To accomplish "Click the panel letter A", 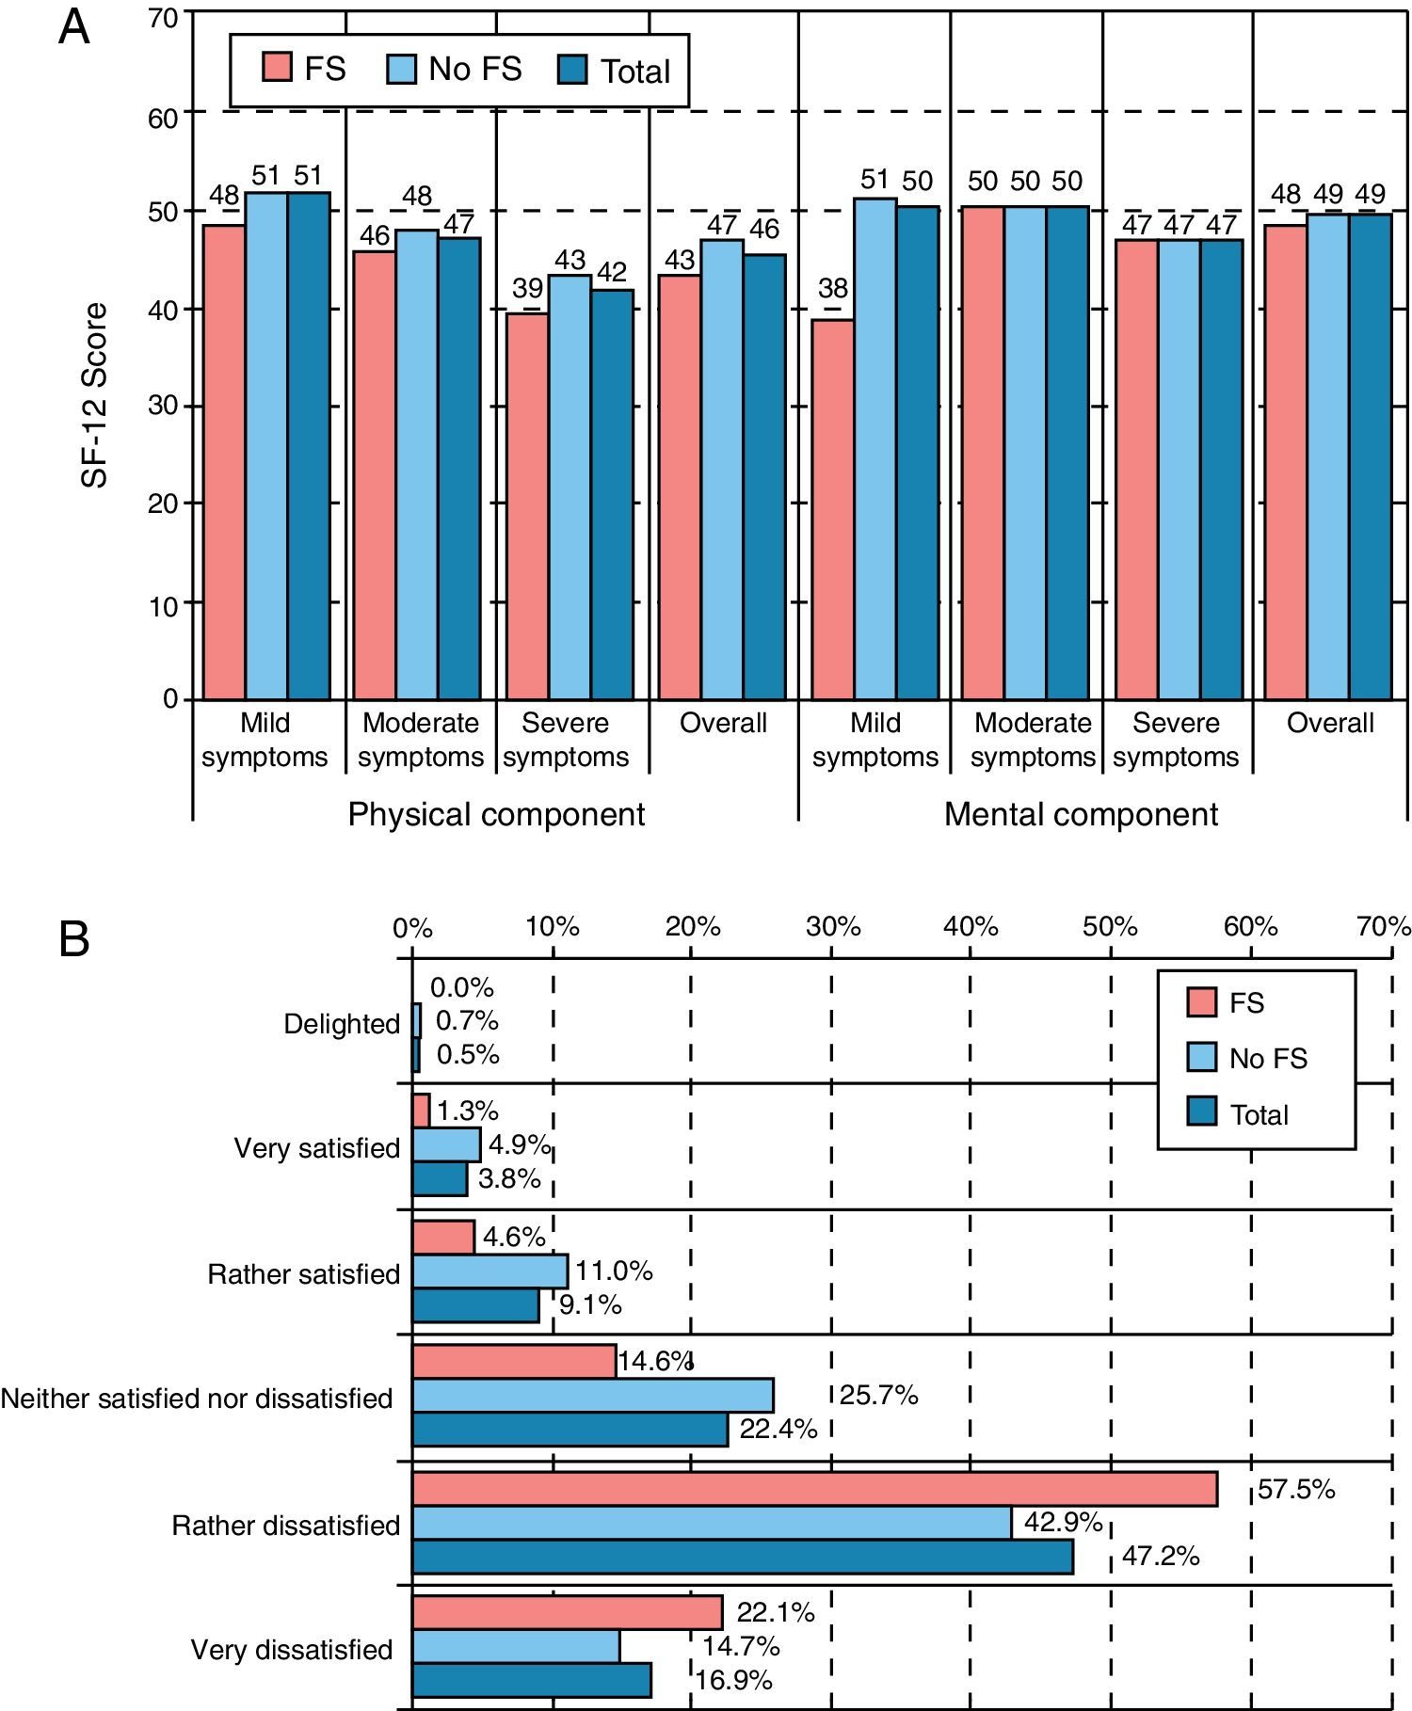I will pos(74,28).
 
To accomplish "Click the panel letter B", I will pos(74,939).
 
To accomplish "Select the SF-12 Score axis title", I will pos(94,394).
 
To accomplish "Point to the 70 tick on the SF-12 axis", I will pos(163,19).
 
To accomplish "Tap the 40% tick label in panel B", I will pos(971,927).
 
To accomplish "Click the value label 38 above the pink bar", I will pos(833,288).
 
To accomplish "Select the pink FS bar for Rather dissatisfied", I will pos(814,1490).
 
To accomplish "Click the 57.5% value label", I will pos(1296,1490).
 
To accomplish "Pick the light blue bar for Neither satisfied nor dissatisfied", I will pos(593,1395).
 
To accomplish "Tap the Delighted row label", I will pos(342,1024).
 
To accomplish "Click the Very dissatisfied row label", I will pos(292,1650).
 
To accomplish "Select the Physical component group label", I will pos(496,814).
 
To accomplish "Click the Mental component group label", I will pos(1081,814).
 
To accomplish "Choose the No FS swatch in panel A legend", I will pos(402,69).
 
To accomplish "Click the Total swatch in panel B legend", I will pos(1202,1113).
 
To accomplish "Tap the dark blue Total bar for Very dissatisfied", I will pos(532,1680).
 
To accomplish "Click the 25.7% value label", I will pos(878,1395).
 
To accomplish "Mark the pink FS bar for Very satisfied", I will pos(421,1111).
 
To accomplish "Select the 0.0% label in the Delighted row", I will pos(461,987).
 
